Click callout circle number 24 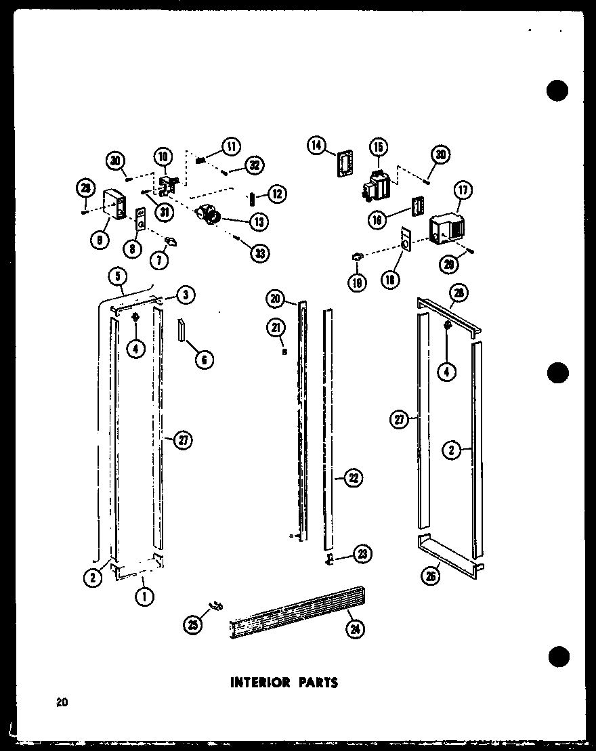click(x=354, y=629)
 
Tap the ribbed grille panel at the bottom click(x=298, y=614)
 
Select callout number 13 click(x=258, y=221)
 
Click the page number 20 click(x=62, y=703)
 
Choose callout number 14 click(x=316, y=146)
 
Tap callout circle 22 click(x=352, y=478)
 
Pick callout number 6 click(x=203, y=360)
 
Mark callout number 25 click(x=193, y=625)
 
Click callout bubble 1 click(x=144, y=596)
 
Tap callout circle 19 click(x=357, y=282)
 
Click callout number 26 click(x=431, y=576)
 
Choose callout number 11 click(x=231, y=146)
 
